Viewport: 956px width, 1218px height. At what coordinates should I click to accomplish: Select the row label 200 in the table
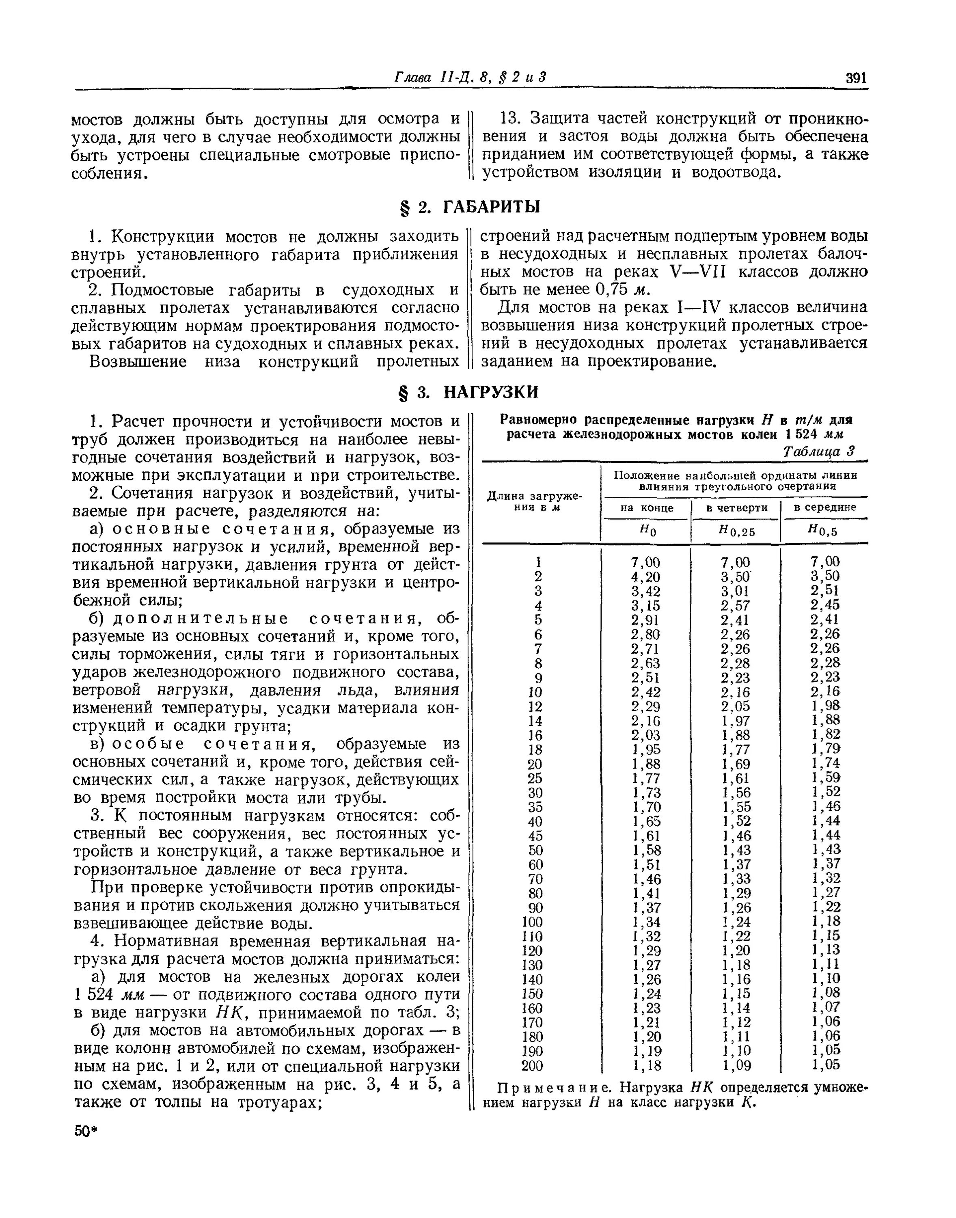coord(532,1066)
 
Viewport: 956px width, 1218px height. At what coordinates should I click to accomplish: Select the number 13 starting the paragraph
coord(510,119)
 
